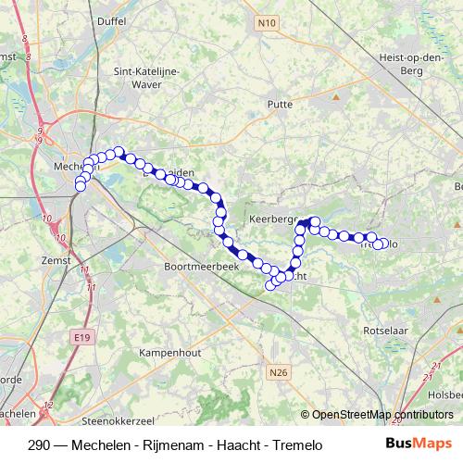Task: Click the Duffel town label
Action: [111, 19]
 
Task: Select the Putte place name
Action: [280, 106]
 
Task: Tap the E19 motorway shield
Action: [81, 340]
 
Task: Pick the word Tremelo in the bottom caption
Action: [297, 444]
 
